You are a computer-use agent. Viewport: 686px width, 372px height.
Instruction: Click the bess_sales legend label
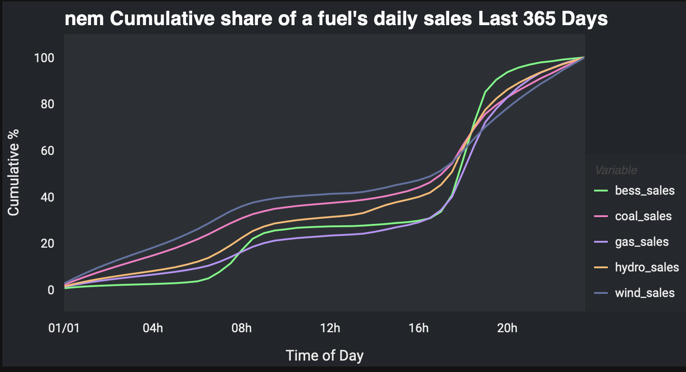tap(644, 191)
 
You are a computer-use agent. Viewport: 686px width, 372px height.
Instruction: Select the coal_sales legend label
tap(643, 216)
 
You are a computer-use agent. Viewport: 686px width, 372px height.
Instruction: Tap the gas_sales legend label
tap(642, 242)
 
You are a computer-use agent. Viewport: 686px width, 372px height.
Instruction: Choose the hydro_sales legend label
tap(647, 267)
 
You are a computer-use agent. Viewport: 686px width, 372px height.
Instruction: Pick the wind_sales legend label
tap(644, 293)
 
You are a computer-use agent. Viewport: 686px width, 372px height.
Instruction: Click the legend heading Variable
tap(616, 170)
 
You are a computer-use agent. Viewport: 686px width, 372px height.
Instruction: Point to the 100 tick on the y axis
tap(44, 58)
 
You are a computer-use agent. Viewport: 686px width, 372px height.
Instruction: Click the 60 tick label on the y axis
tap(47, 151)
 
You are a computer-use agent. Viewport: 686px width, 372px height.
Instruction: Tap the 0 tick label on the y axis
tap(50, 290)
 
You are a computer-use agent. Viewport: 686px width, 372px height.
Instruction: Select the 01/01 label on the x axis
tap(64, 328)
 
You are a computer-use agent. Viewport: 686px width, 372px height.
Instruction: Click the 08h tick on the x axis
tap(241, 328)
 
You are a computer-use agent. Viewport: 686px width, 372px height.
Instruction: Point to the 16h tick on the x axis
tap(418, 328)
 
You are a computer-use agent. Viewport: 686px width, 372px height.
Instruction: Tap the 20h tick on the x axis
tap(507, 328)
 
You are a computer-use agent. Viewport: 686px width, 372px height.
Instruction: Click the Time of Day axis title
tap(324, 356)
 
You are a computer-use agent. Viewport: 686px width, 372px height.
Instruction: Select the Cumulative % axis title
tap(13, 172)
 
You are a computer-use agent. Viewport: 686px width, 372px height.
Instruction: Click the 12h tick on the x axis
tap(330, 328)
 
